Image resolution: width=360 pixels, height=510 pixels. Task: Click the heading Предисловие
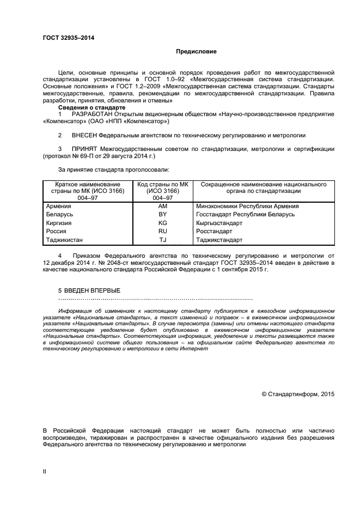[196, 52]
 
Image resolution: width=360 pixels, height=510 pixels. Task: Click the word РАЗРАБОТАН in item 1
[91, 114]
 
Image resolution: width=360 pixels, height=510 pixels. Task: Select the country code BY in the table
[162, 214]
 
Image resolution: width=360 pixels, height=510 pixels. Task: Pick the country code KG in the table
[162, 223]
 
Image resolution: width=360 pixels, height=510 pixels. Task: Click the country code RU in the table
[162, 231]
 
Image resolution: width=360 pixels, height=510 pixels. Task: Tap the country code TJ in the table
[162, 240]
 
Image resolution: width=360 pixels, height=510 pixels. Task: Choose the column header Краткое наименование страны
[87, 188]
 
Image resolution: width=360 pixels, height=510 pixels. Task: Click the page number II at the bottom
[45, 471]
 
